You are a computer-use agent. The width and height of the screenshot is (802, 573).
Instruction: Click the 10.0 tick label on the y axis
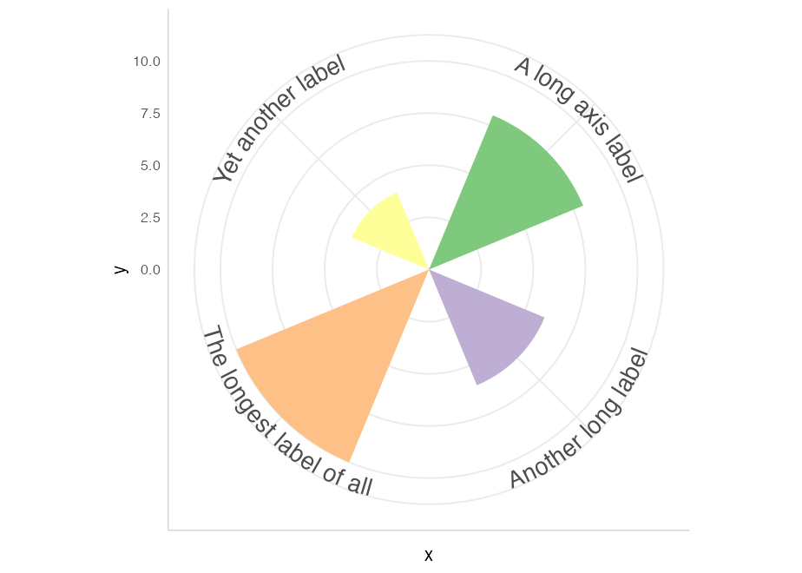click(147, 62)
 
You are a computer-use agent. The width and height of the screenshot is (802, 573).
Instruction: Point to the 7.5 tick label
click(150, 114)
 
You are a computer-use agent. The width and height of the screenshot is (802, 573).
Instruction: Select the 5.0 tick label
click(150, 166)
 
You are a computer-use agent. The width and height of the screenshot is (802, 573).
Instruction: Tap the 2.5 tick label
click(150, 218)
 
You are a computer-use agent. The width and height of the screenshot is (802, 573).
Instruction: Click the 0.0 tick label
click(150, 270)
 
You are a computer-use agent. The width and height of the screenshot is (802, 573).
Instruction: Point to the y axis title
click(122, 270)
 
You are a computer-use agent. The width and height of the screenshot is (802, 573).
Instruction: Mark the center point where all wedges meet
click(429, 270)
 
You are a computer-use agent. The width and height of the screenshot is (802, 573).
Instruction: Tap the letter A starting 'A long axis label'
click(522, 67)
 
